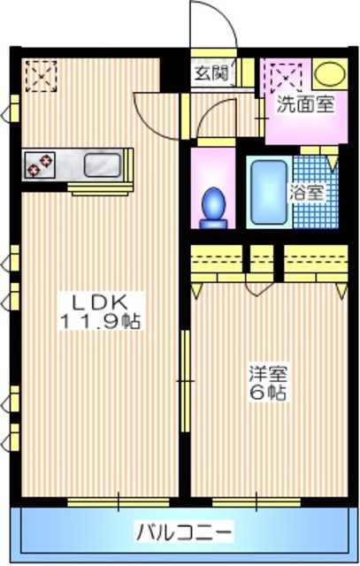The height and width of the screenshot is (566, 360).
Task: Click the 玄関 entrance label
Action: coord(212,73)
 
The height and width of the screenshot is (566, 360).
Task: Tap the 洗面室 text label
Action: coord(304,104)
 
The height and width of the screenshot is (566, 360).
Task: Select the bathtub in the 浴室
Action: coord(266,190)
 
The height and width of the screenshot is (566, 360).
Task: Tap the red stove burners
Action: coord(40,164)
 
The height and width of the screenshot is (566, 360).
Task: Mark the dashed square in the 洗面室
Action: coord(285,74)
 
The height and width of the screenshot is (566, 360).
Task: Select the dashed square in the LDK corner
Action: coord(40,75)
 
